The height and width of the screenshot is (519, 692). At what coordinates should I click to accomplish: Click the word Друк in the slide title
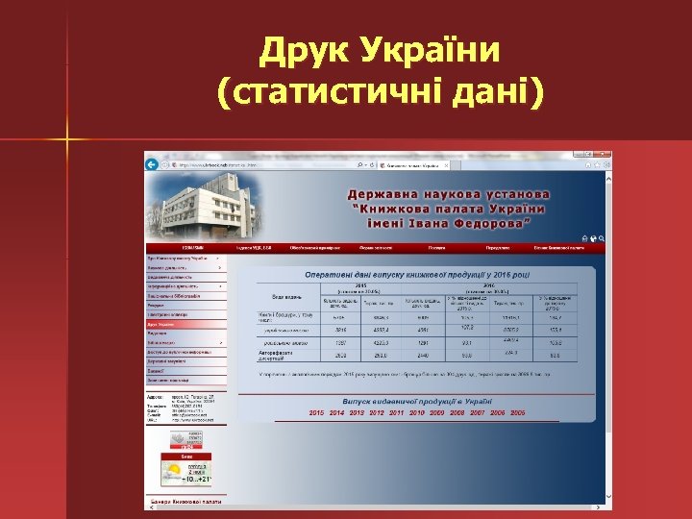click(x=305, y=49)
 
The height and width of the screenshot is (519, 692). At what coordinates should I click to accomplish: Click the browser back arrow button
click(x=152, y=165)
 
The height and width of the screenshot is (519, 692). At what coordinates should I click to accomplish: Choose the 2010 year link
click(x=417, y=412)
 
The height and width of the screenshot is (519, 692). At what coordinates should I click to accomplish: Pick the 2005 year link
click(x=517, y=412)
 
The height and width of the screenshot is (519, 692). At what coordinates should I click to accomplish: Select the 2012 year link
click(x=377, y=412)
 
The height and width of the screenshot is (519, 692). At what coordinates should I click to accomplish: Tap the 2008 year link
click(x=457, y=412)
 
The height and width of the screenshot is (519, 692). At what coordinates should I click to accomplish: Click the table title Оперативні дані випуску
click(x=417, y=275)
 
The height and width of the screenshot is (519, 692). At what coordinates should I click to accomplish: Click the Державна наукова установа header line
click(x=449, y=194)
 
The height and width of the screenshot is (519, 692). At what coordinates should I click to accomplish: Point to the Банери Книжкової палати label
click(x=185, y=502)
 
